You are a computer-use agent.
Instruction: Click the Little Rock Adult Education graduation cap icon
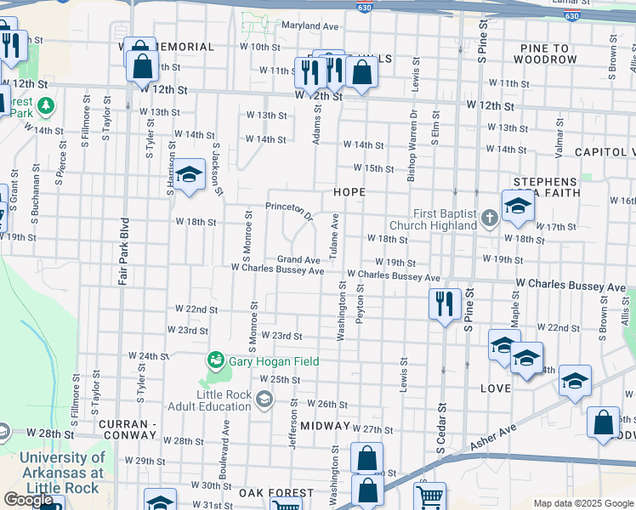(x=264, y=399)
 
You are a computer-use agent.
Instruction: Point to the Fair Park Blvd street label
(x=123, y=255)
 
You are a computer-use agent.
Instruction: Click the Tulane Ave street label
(x=335, y=235)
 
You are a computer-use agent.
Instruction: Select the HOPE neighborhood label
(x=349, y=193)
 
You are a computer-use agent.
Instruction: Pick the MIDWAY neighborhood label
(x=325, y=425)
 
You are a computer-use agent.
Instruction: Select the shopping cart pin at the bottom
(x=430, y=497)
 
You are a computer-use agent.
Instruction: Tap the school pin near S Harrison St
(x=190, y=175)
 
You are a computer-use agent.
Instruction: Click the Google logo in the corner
(x=28, y=500)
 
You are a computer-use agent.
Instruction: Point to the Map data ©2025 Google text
(x=583, y=503)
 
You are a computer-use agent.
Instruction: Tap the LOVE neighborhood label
(x=496, y=388)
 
